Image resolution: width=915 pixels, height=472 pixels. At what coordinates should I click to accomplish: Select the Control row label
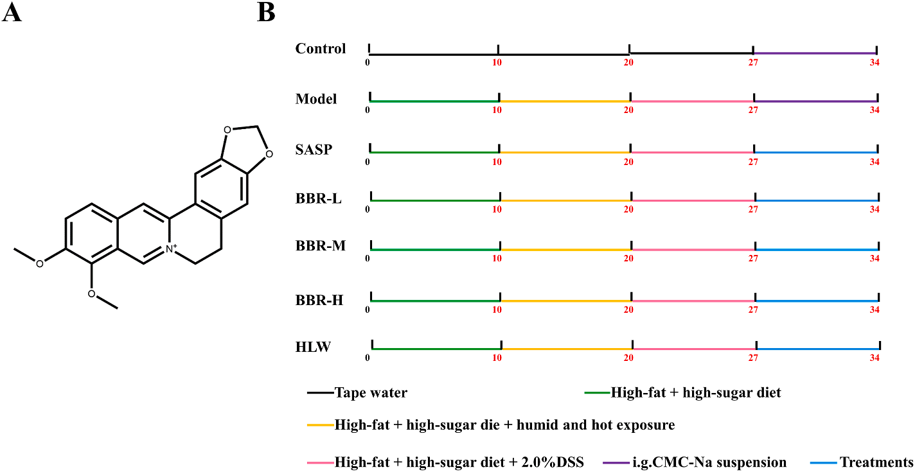point(321,49)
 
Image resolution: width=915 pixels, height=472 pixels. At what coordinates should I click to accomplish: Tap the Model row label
point(316,99)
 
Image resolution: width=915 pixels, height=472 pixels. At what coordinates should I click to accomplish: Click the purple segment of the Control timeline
point(815,53)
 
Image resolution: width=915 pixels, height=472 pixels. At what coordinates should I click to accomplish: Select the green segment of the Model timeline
point(434,101)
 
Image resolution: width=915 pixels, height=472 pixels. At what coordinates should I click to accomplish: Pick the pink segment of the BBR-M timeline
point(693,250)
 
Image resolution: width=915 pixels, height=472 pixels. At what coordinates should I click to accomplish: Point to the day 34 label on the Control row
point(874,63)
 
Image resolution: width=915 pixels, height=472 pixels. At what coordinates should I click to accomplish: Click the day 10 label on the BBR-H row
point(497,310)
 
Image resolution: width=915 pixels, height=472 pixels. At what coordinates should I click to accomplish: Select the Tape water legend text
point(371,392)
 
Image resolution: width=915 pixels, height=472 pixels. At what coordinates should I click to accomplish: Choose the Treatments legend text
point(876,462)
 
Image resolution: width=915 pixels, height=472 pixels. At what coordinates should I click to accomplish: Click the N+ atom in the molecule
point(170,249)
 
